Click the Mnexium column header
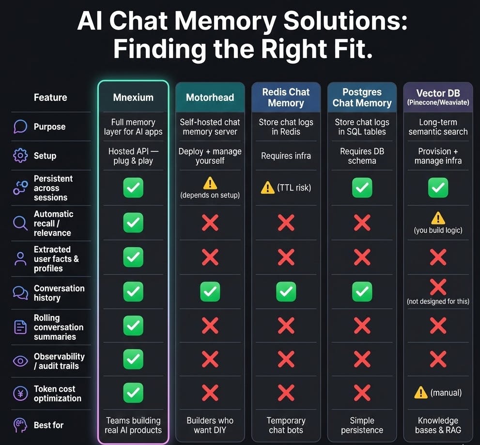coord(133,97)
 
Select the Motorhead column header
coord(210,97)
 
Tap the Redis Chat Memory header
coord(286,97)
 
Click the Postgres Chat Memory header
coord(362,97)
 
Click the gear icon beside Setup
coord(20,156)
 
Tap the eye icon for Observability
coord(20,361)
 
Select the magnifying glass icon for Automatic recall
coord(20,223)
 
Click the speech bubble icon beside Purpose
coord(20,127)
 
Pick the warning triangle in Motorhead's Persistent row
coord(210,183)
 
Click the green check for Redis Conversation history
coord(286,291)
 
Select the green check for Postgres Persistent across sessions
coord(362,188)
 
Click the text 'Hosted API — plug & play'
coord(133,156)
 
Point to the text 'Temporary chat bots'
coord(286,425)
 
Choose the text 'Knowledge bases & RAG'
coord(438,425)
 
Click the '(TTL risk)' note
coord(294,188)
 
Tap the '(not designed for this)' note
coord(438,301)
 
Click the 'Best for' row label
coord(48,425)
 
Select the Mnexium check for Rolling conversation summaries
coord(133,325)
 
